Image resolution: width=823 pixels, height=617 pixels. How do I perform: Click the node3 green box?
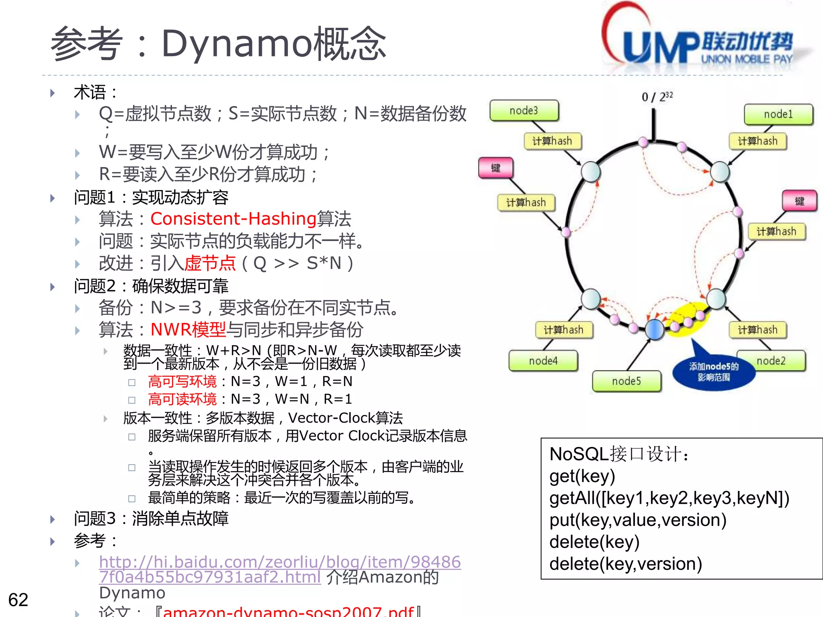(x=524, y=110)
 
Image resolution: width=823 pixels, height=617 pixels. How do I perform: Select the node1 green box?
(x=778, y=114)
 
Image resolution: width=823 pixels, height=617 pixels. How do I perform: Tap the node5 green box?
(x=626, y=381)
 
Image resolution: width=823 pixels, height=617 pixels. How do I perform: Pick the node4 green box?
(x=543, y=361)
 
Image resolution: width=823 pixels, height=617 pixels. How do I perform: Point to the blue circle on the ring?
(x=655, y=329)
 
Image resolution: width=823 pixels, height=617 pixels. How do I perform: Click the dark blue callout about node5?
(x=714, y=372)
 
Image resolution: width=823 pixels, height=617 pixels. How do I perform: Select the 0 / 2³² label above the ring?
(x=657, y=97)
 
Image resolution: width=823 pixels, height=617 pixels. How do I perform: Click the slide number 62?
(x=18, y=600)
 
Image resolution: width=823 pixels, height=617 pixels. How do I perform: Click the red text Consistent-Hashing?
(x=233, y=219)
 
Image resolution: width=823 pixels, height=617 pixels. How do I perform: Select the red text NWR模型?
(x=188, y=329)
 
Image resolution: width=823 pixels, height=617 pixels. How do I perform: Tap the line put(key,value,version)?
(x=638, y=520)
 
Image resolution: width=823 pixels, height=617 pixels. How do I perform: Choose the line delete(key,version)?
(x=625, y=564)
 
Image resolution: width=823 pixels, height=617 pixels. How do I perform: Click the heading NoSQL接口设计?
(x=619, y=454)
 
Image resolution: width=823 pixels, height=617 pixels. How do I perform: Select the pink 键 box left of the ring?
(x=496, y=168)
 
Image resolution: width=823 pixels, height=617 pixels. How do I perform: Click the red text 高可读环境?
(x=182, y=399)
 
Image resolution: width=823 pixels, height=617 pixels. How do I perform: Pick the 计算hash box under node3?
(x=552, y=141)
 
